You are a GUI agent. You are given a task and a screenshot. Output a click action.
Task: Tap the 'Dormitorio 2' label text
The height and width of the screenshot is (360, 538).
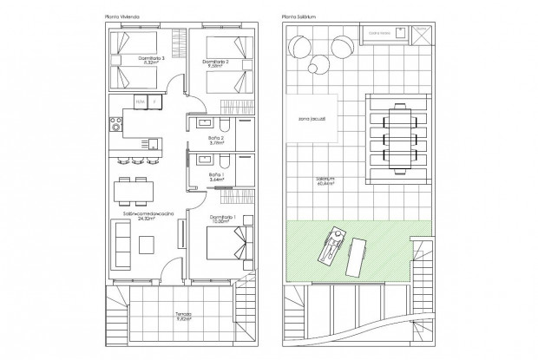(x=216, y=63)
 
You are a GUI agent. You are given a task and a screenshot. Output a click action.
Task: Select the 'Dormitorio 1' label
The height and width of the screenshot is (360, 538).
(x=226, y=218)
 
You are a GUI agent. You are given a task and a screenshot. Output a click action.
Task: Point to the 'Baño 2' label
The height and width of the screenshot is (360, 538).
(x=217, y=140)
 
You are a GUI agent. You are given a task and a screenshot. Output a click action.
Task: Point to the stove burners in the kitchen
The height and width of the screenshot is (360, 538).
(x=113, y=127)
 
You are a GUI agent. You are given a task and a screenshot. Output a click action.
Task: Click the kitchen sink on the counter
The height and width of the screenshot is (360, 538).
(x=149, y=141)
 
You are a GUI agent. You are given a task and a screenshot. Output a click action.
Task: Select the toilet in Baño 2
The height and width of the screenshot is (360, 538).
(x=223, y=126)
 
